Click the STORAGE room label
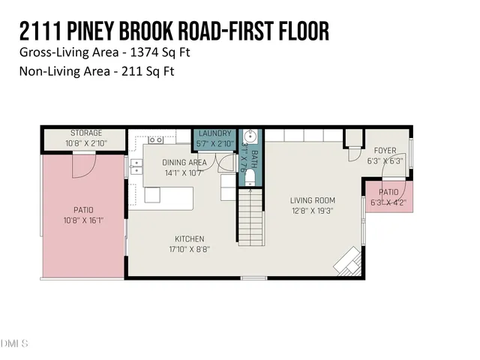[x=85, y=133]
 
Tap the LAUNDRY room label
[x=214, y=133]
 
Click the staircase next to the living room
[x=251, y=217]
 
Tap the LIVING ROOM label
[x=313, y=200]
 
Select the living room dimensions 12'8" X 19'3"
[x=313, y=211]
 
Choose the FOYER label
[x=385, y=149]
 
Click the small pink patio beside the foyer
[x=388, y=196]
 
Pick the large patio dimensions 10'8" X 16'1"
[x=83, y=220]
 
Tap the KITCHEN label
[x=189, y=238]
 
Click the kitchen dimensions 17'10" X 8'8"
[x=189, y=249]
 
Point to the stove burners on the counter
[x=156, y=140]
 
